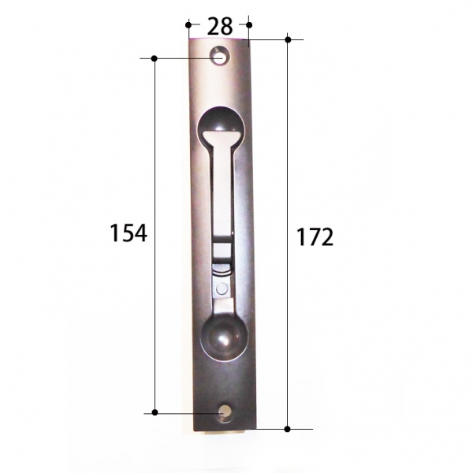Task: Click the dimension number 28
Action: click(220, 26)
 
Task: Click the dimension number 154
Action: click(128, 233)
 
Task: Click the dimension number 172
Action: click(315, 236)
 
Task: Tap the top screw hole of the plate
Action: click(221, 56)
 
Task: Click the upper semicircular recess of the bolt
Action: click(221, 121)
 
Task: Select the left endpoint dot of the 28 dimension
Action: click(188, 24)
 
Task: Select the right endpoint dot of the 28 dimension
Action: click(249, 24)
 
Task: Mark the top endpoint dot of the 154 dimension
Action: click(155, 58)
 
